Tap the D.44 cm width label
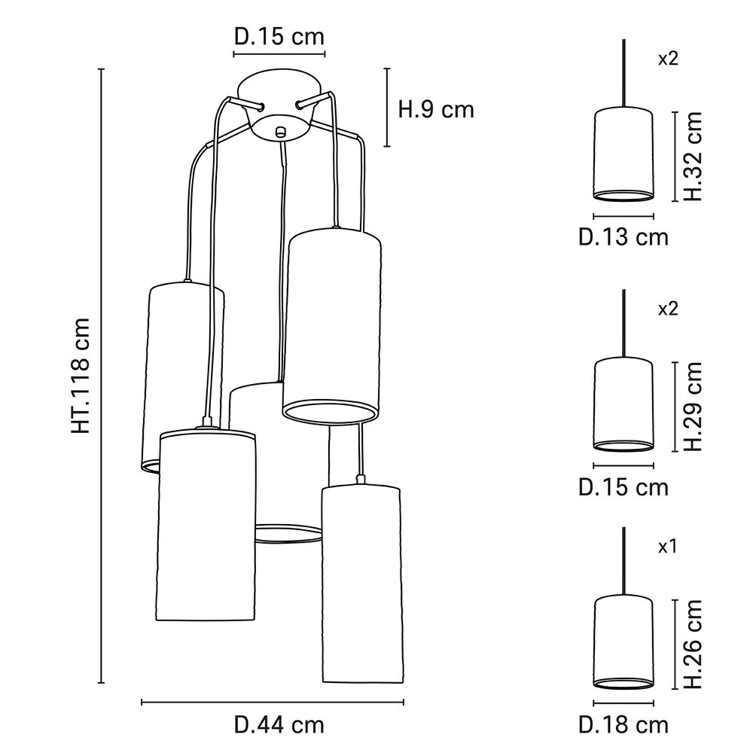point(279,725)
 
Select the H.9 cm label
point(436,110)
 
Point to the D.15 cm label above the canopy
point(279,37)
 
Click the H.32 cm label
point(692,156)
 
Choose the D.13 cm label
point(623,237)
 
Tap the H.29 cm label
point(692,406)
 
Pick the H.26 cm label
point(692,645)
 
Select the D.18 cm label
point(623,725)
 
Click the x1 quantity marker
point(668,547)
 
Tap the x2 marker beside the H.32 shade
point(668,59)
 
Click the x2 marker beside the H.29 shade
point(668,309)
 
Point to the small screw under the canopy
point(280,130)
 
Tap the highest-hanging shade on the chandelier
point(331,324)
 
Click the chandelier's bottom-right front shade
point(360,584)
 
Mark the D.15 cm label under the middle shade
point(623,487)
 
